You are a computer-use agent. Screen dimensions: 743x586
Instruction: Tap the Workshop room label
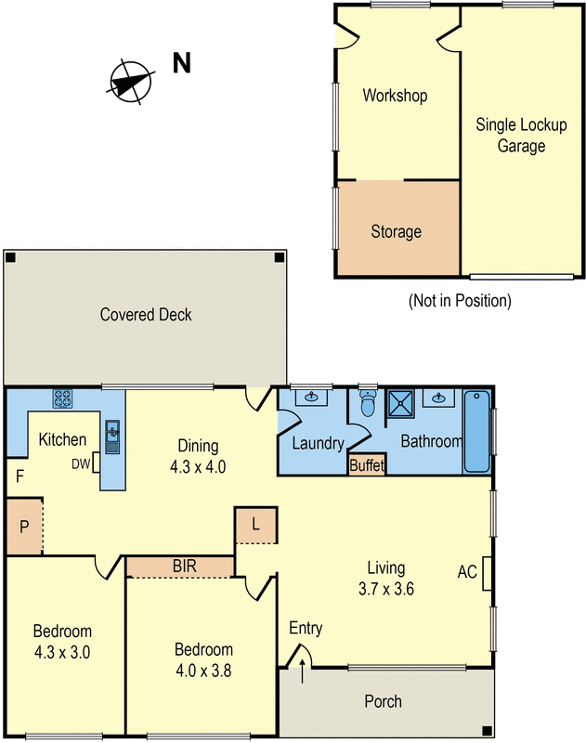coord(395,96)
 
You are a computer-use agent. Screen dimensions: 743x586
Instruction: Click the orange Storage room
coord(397,230)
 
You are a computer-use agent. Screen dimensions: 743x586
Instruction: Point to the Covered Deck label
coord(146,315)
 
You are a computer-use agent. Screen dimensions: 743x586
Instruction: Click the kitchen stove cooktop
coord(63,398)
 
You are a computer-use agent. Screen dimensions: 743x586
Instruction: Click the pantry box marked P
coord(23,527)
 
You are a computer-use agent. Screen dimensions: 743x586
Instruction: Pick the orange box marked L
coord(255,526)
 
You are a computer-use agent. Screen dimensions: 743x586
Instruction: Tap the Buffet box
coord(366,466)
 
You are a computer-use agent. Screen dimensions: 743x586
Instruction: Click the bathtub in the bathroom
coord(475,431)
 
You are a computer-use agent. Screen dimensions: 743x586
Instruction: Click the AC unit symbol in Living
coord(486,573)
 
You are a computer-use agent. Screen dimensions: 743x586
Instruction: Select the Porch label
coord(383,701)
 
